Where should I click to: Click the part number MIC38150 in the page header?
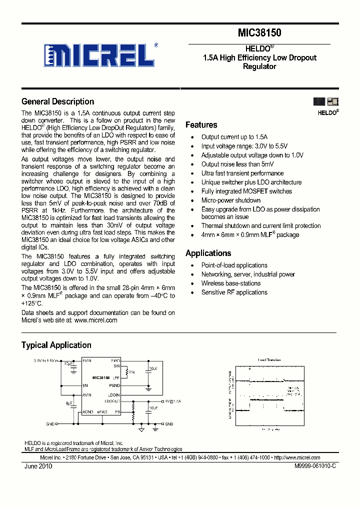259,33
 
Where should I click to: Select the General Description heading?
57,101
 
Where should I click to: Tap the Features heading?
201,125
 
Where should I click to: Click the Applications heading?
208,253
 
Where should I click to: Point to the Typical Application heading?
56,345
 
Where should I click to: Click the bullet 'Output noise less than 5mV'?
237,164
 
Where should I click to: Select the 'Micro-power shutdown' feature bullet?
230,200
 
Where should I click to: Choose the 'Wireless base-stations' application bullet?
231,283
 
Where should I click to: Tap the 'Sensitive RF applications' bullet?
234,292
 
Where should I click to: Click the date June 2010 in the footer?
38,466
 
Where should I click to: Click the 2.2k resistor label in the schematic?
131,372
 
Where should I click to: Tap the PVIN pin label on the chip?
87,360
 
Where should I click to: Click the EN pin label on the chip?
85,385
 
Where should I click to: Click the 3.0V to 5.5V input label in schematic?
43,360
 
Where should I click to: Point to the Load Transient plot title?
269,359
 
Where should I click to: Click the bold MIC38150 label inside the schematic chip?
101,377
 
